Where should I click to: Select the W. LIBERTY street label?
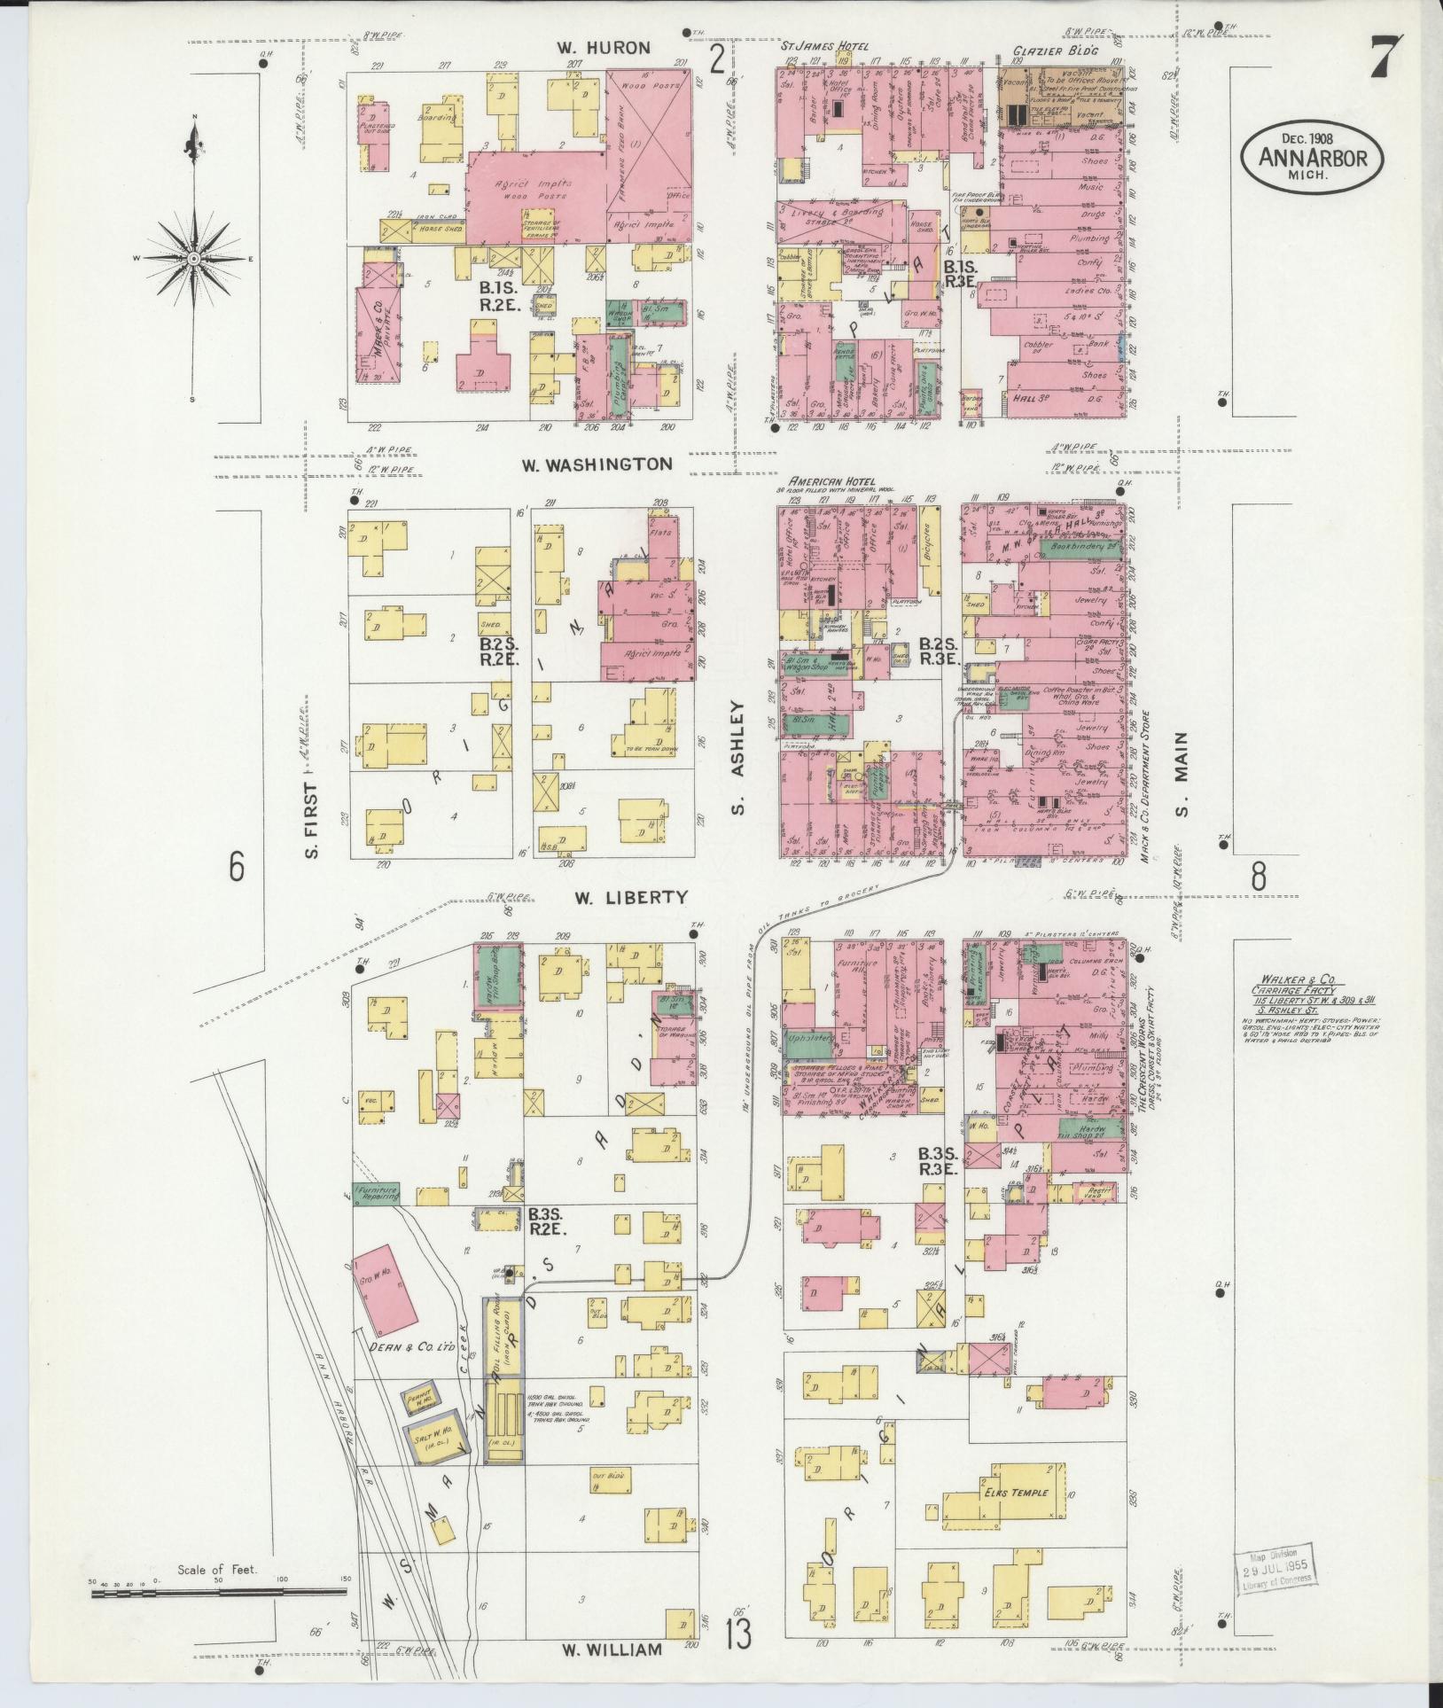(x=630, y=897)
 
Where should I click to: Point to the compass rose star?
(x=192, y=257)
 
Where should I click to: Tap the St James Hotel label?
(x=824, y=46)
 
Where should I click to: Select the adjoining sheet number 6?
(x=236, y=867)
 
